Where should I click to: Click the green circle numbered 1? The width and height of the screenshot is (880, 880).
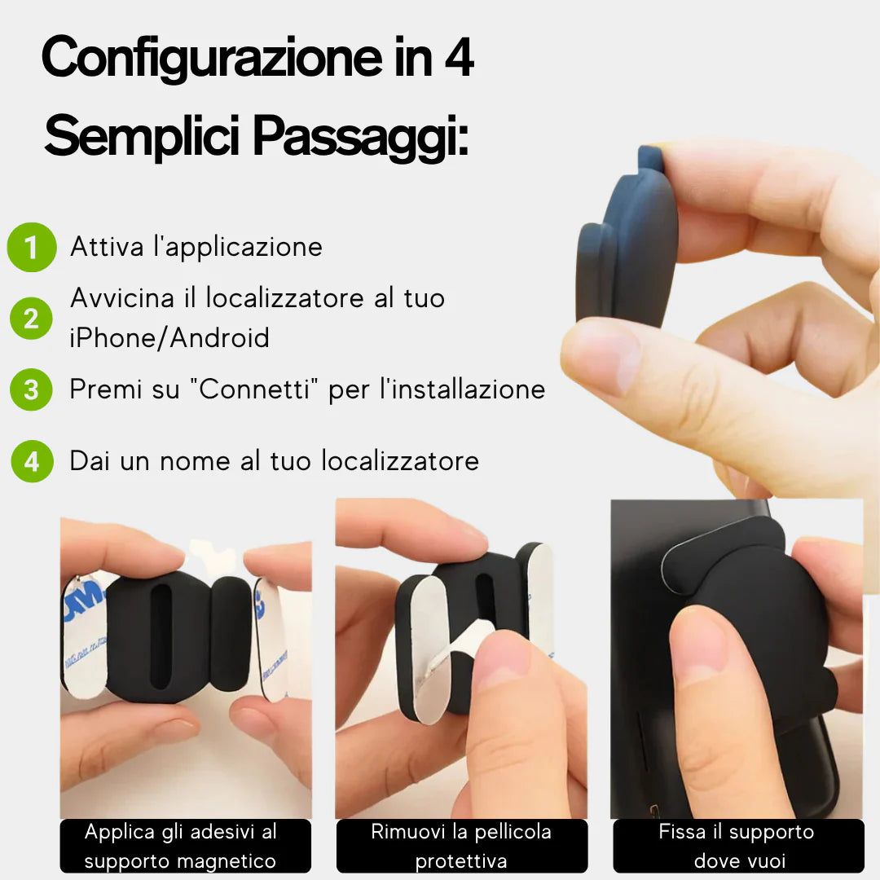[32, 248]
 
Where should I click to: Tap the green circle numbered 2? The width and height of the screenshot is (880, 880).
[31, 318]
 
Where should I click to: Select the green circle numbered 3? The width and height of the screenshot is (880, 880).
[31, 389]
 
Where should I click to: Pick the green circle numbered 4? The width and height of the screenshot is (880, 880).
[32, 461]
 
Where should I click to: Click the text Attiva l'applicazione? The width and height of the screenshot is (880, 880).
[196, 247]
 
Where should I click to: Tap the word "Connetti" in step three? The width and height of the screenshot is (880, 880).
[259, 389]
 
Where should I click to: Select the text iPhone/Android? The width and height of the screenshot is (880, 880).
[169, 337]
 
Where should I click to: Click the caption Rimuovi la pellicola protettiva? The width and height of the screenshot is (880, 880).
[461, 846]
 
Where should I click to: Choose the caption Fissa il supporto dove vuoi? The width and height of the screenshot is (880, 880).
[737, 846]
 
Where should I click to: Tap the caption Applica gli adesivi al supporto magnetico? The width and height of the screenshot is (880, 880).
[180, 846]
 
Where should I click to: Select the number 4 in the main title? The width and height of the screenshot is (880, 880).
[459, 58]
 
